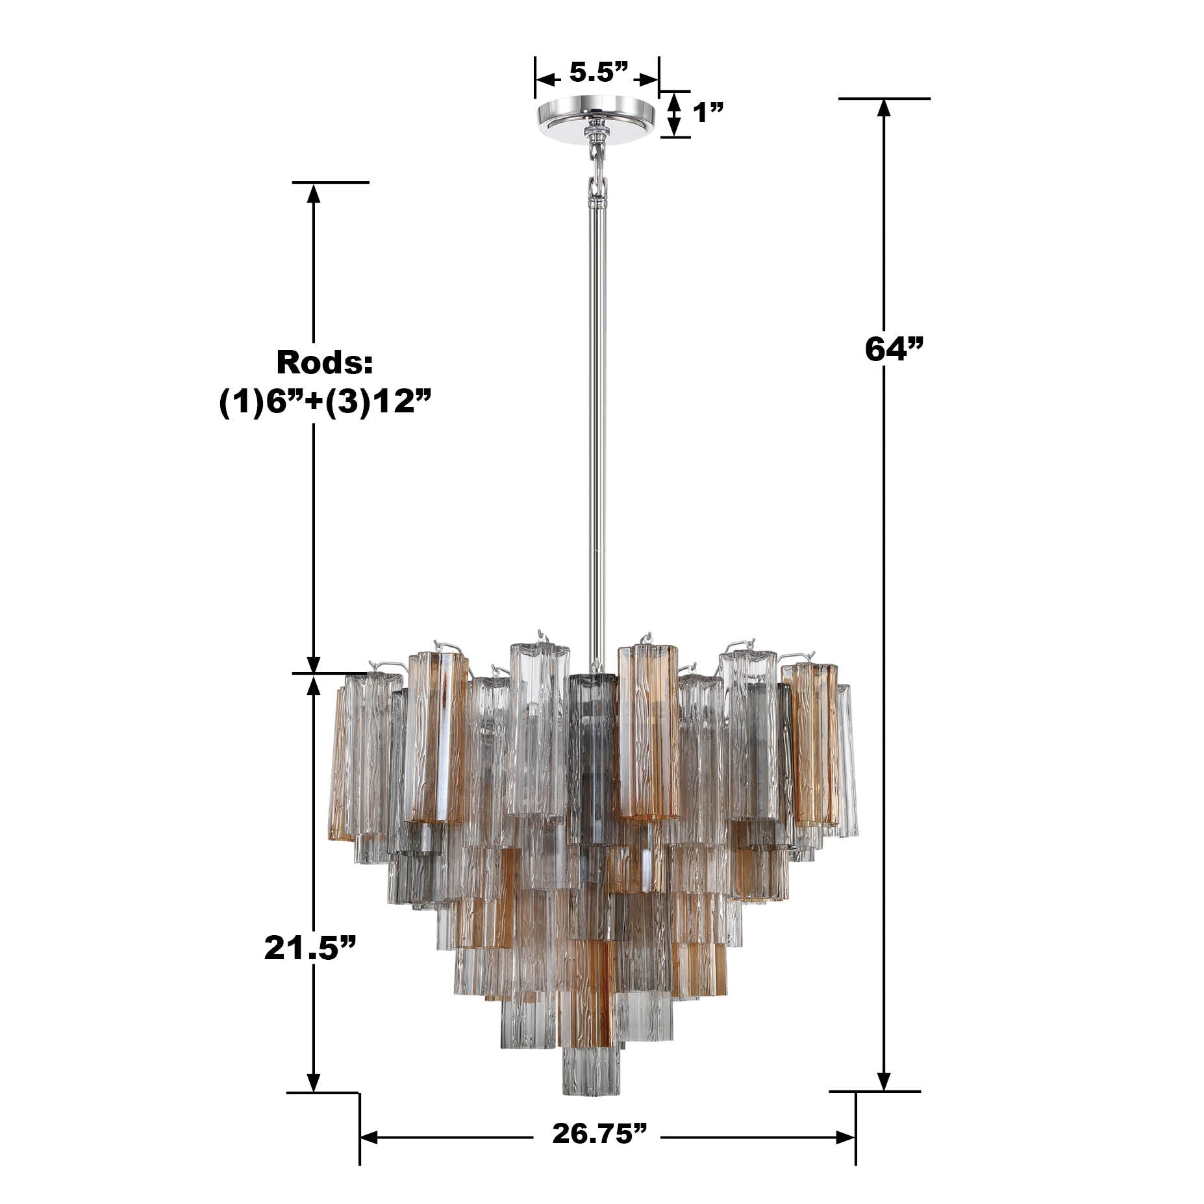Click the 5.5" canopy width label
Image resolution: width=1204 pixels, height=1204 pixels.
pos(599,73)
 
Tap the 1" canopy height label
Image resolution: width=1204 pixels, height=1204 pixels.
pos(708,114)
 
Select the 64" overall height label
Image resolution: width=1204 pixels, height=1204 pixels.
pos(894,349)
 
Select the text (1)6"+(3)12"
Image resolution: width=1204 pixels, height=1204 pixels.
pos(325,403)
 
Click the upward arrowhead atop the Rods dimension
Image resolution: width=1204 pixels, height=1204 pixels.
pos(314,193)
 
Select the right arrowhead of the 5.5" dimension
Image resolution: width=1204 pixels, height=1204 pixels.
pos(649,79)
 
